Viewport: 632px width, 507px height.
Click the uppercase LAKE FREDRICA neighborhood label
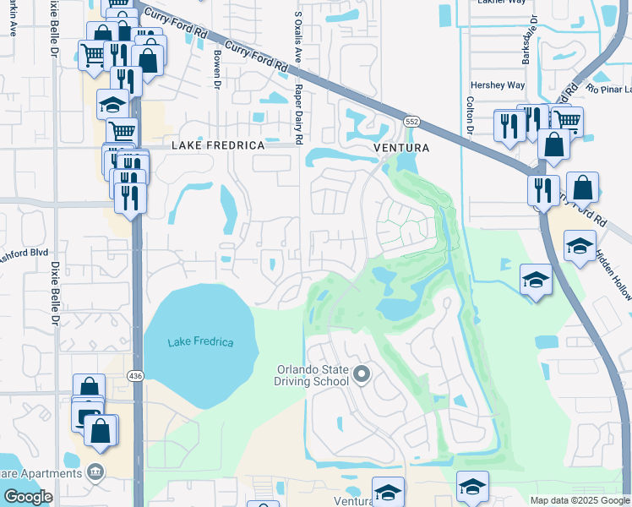pos(218,145)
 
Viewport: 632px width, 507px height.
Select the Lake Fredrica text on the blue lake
pos(200,342)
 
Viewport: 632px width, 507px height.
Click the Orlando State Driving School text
pos(313,375)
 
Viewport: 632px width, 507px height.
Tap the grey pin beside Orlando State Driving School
pos(362,373)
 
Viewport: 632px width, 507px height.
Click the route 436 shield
pos(135,374)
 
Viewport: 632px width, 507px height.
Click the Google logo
pos(28,497)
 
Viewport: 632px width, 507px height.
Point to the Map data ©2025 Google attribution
pos(579,500)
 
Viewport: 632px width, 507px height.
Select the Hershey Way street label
pos(497,85)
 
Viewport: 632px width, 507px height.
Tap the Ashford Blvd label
pos(25,253)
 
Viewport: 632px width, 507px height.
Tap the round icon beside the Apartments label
pos(96,471)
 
